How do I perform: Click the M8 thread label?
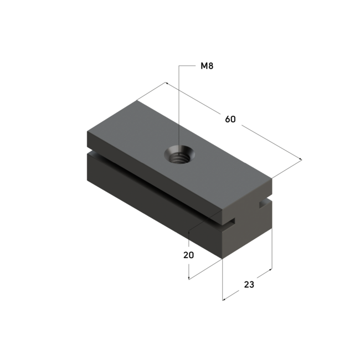207,66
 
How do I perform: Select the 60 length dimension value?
231,119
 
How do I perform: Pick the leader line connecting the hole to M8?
178,105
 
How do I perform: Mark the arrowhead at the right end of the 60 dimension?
301,161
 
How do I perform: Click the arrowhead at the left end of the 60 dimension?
166,84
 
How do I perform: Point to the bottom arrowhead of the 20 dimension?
189,278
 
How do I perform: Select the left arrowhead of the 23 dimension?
223,300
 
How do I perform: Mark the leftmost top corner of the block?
87,131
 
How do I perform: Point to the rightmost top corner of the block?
272,178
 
